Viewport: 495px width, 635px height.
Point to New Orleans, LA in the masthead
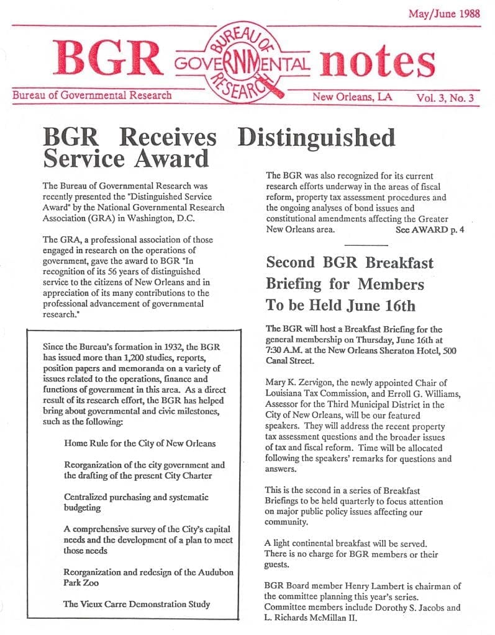pyautogui.click(x=352, y=97)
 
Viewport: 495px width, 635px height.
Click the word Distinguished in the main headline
pyautogui.click(x=317, y=137)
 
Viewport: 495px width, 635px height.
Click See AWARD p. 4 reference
pyautogui.click(x=430, y=229)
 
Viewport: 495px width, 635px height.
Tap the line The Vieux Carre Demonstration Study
pyautogui.click(x=137, y=603)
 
